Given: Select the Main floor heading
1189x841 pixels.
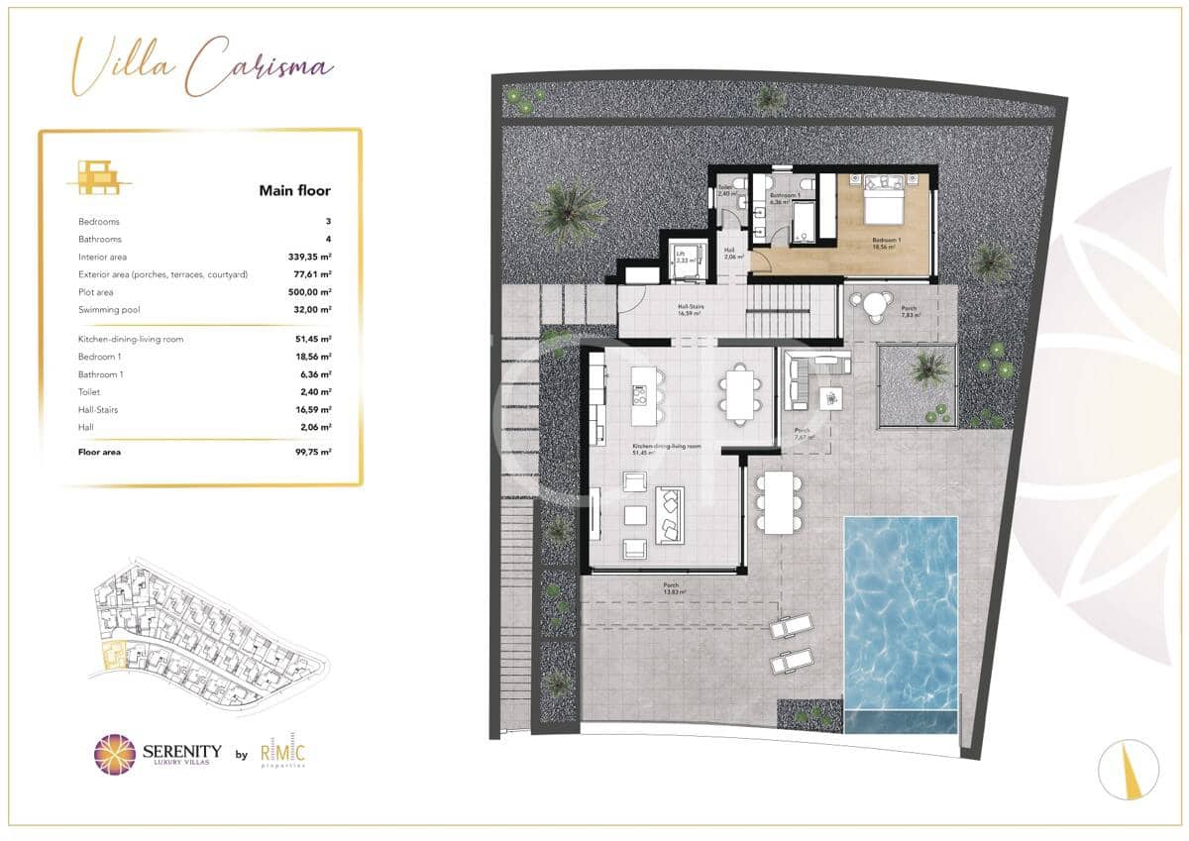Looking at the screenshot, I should pyautogui.click(x=294, y=191).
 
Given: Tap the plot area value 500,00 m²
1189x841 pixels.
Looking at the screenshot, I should pyautogui.click(x=310, y=292).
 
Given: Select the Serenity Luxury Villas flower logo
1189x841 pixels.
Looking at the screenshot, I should pyautogui.click(x=115, y=754).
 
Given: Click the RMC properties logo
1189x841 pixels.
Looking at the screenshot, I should pyautogui.click(x=283, y=754).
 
